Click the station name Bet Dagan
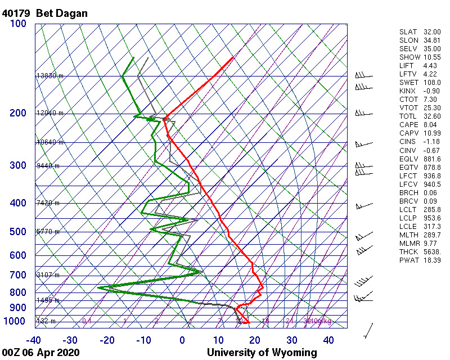click(x=62, y=13)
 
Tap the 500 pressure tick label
click(x=18, y=232)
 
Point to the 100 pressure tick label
click(x=18, y=24)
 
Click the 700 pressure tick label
click(x=18, y=275)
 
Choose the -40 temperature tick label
click(x=34, y=340)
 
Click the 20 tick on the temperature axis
click(x=254, y=340)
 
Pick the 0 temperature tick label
click(x=182, y=340)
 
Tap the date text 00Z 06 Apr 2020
click(x=40, y=353)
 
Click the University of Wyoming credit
click(x=262, y=353)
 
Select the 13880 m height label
click(x=49, y=76)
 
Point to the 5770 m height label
click(x=48, y=232)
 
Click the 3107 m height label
click(x=48, y=275)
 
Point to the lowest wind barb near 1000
click(x=369, y=331)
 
